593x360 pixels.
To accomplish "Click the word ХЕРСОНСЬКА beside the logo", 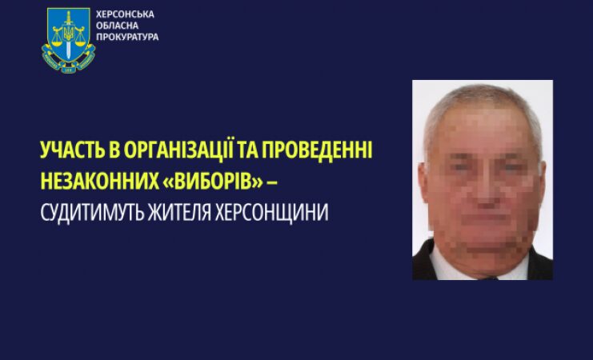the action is pyautogui.click(x=125, y=14).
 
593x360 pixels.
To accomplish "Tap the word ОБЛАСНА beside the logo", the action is pyautogui.click(x=117, y=26).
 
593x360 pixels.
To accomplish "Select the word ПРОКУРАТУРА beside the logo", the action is pyautogui.click(x=127, y=37).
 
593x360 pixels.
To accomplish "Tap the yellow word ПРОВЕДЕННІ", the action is pyautogui.click(x=317, y=150).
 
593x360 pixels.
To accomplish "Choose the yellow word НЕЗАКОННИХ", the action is pyautogui.click(x=100, y=181).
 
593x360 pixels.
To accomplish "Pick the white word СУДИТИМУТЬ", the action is pyautogui.click(x=92, y=213).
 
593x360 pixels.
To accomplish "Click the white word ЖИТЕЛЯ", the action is pyautogui.click(x=179, y=213).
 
